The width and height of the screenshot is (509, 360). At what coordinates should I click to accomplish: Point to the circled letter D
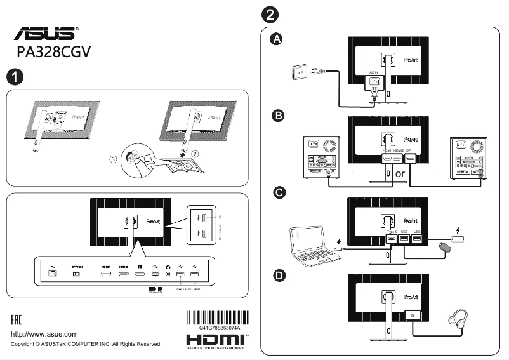277,276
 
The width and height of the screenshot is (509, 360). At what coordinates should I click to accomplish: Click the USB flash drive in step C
460,241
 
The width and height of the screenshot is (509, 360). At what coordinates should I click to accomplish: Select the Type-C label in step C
391,232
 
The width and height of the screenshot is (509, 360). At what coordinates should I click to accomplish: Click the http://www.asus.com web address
45,334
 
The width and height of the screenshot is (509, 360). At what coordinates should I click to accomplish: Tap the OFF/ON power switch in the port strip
78,274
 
